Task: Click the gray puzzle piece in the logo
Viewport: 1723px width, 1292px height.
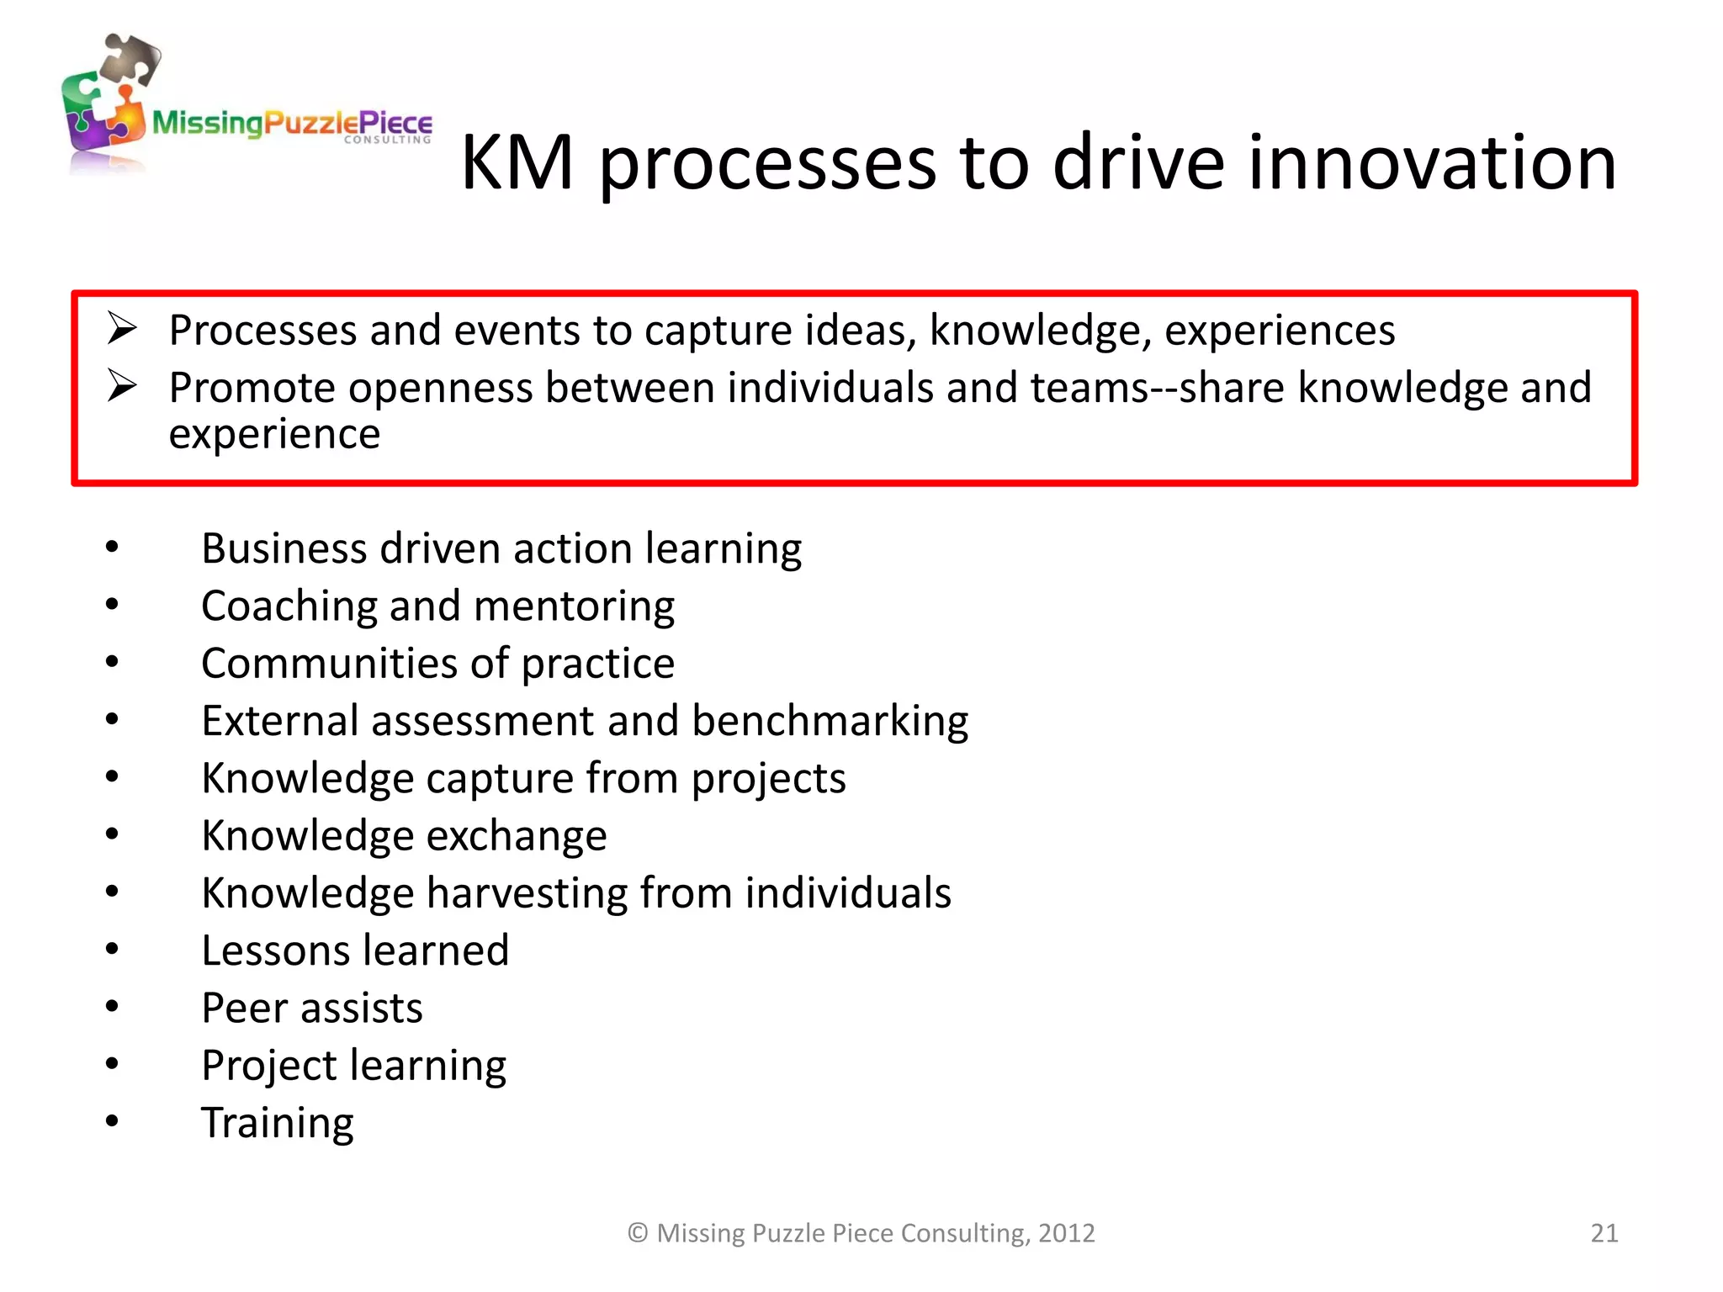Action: [130, 59]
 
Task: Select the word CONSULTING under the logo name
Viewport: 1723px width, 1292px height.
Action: [387, 140]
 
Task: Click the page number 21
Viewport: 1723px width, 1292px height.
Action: [1604, 1233]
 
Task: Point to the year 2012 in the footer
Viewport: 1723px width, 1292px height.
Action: [1066, 1233]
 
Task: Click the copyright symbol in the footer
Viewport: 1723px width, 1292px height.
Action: [638, 1233]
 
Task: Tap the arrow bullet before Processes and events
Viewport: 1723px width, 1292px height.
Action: [122, 328]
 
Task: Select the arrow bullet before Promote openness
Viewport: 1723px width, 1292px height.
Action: [122, 386]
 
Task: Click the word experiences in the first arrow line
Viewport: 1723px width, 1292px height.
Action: [1279, 331]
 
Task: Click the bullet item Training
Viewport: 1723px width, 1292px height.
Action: [278, 1124]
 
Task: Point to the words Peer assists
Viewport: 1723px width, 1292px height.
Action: [312, 1009]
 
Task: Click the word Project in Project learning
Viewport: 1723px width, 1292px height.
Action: [269, 1067]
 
